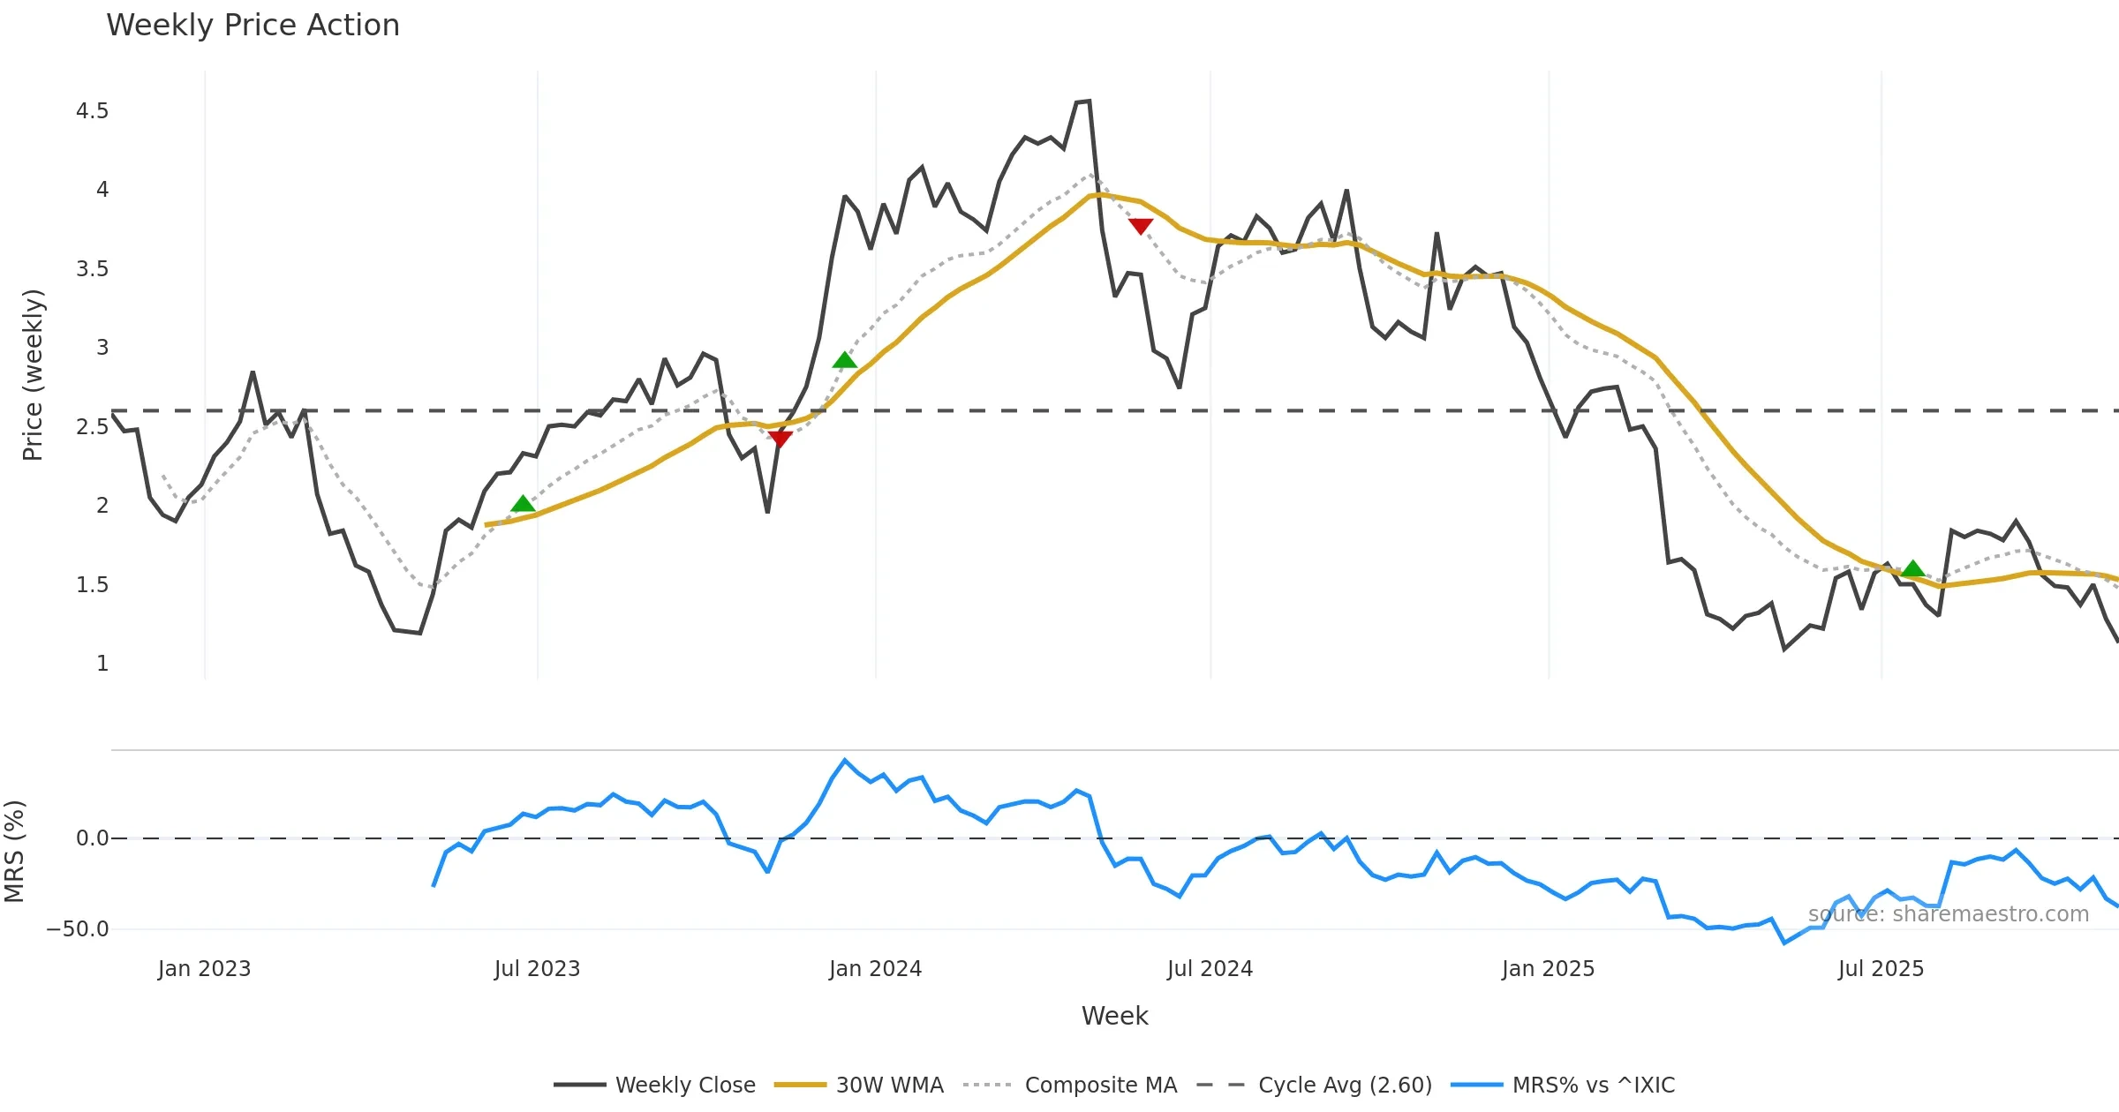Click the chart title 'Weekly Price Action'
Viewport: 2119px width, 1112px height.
pos(253,26)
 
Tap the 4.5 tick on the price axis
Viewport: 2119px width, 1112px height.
pos(92,111)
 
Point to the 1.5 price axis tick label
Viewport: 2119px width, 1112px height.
pos(92,585)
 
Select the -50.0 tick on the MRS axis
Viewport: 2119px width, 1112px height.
pos(78,929)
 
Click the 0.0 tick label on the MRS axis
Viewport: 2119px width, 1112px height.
pos(92,838)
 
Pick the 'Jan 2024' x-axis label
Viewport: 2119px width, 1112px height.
pos(875,969)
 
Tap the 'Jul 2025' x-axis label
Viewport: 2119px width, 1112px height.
pos(1881,969)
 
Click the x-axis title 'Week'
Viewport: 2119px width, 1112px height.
pos(1114,1017)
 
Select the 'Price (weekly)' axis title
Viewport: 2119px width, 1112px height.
pos(33,375)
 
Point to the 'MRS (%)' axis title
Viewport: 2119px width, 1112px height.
pos(15,852)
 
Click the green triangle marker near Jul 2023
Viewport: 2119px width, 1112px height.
pos(523,504)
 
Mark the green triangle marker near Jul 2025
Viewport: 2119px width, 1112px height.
pos(1912,568)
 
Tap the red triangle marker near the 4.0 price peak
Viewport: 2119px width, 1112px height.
pos(1141,226)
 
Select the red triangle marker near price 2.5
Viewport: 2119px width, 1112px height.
pos(780,439)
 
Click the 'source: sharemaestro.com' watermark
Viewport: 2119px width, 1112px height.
pos(1948,914)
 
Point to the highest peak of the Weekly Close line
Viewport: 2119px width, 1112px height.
pos(1089,101)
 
